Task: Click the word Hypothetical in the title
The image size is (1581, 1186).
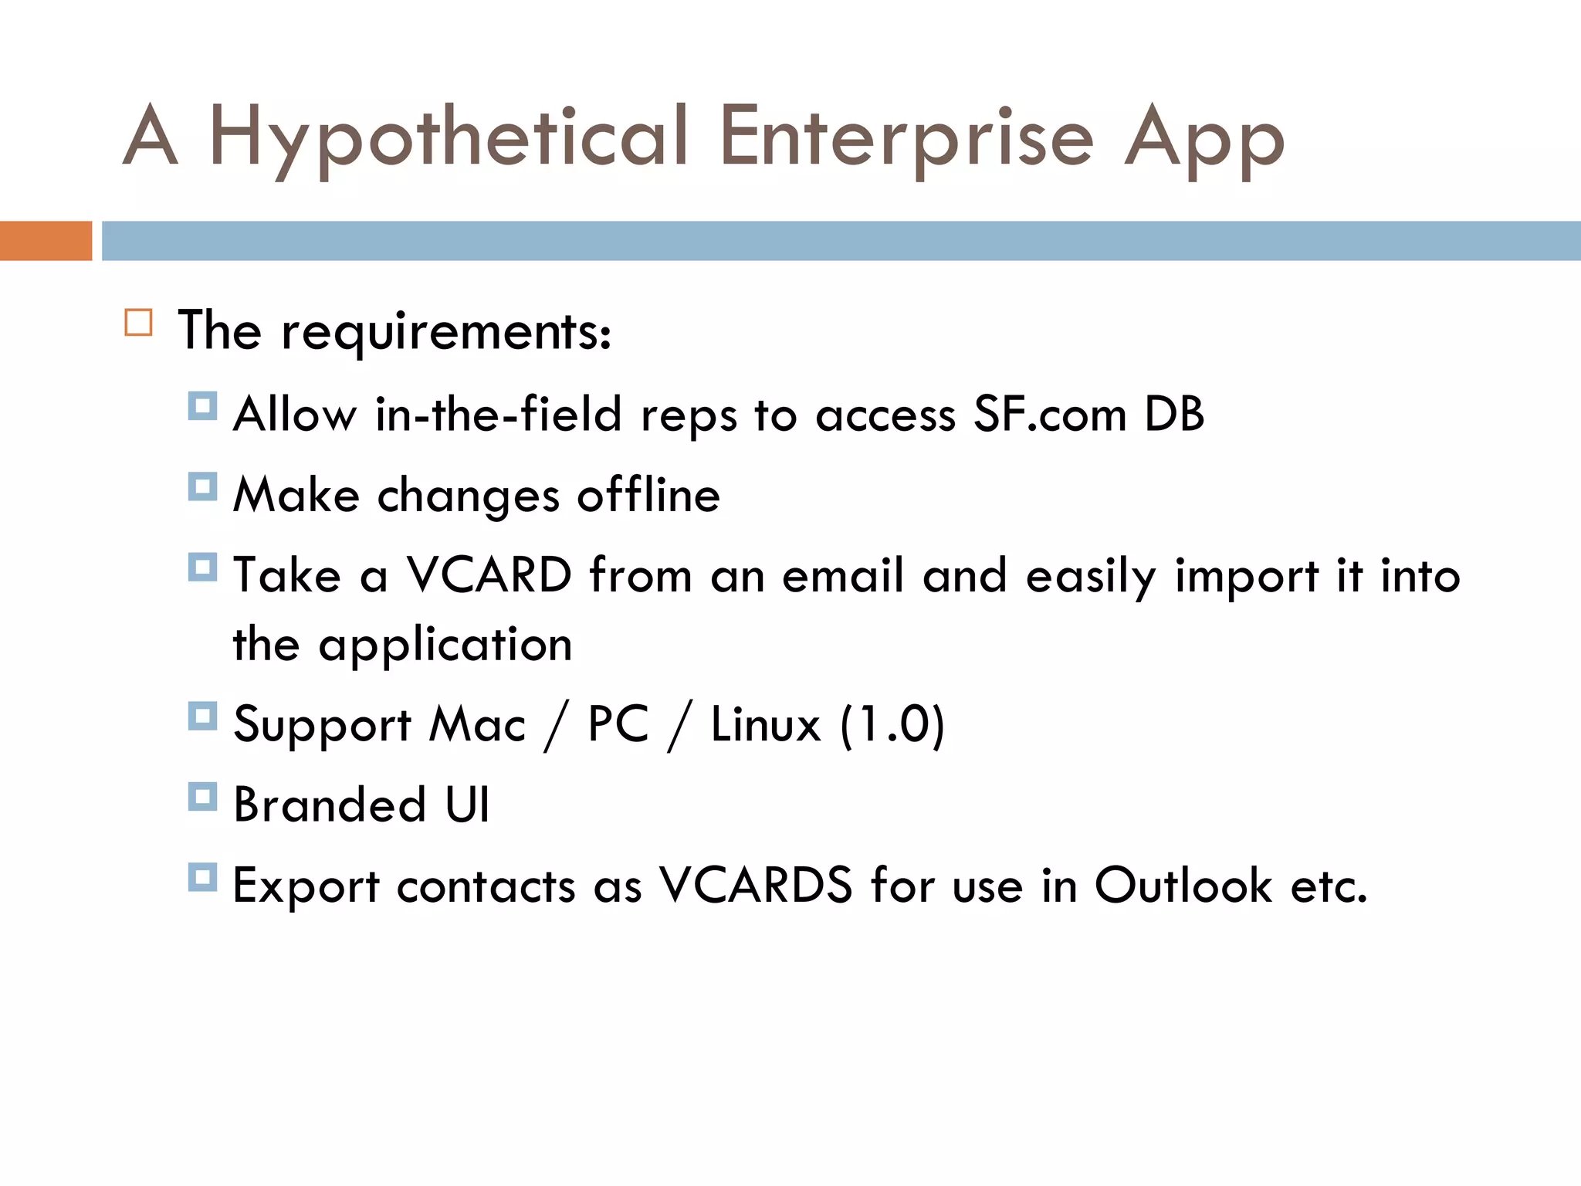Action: tap(448, 139)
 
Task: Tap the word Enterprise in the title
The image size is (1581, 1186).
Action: tap(906, 139)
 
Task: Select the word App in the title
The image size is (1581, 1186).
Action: tap(1204, 139)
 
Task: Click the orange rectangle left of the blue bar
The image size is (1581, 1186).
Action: tap(46, 241)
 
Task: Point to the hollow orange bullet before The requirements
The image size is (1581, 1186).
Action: tap(139, 322)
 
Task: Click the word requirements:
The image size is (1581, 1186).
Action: tap(446, 332)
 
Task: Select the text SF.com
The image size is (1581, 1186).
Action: tap(1050, 415)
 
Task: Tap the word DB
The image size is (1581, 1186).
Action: tap(1174, 415)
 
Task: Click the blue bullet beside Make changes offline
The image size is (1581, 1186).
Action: tap(202, 486)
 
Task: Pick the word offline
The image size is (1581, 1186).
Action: tap(648, 496)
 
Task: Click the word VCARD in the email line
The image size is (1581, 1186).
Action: tap(489, 575)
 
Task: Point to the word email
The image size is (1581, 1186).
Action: tap(843, 575)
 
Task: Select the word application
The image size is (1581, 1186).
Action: tap(445, 646)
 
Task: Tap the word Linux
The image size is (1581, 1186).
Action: tap(765, 725)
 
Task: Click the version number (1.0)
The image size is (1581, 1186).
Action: tap(892, 725)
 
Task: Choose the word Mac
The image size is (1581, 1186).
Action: tap(477, 725)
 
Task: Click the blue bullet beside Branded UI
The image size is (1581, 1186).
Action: tap(202, 797)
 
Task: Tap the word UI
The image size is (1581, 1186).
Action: tap(467, 805)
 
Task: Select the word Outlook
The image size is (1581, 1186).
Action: tap(1183, 886)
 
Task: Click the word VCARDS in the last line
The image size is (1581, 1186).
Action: tap(755, 886)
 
